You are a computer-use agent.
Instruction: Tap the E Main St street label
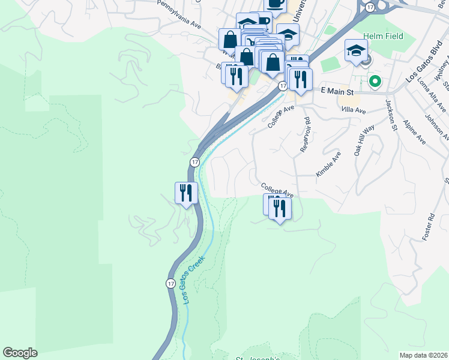click(x=337, y=90)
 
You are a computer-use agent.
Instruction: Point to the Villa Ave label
click(x=353, y=110)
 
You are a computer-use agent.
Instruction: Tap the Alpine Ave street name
click(x=415, y=133)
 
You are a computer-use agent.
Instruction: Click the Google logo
click(x=20, y=353)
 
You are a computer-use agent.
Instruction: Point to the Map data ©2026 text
click(x=423, y=355)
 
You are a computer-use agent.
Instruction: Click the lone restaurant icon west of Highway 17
click(x=185, y=193)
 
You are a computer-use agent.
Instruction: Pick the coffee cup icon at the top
click(x=276, y=4)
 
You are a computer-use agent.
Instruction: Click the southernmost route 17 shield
click(x=171, y=283)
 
